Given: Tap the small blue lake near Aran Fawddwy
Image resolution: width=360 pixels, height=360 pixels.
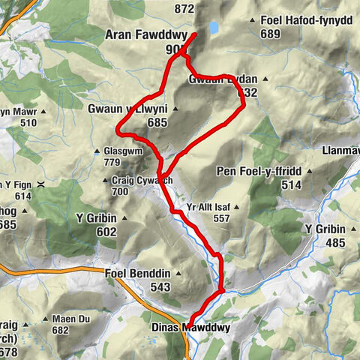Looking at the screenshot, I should click(x=214, y=28).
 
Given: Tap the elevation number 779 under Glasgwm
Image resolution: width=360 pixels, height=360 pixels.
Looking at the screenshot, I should click(x=112, y=161).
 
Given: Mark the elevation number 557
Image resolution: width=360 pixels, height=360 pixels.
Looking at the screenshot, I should click(x=221, y=218).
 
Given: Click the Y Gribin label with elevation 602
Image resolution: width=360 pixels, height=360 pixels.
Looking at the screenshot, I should click(x=95, y=219).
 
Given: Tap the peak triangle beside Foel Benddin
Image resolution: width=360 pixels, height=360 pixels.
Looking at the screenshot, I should click(x=176, y=274).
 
